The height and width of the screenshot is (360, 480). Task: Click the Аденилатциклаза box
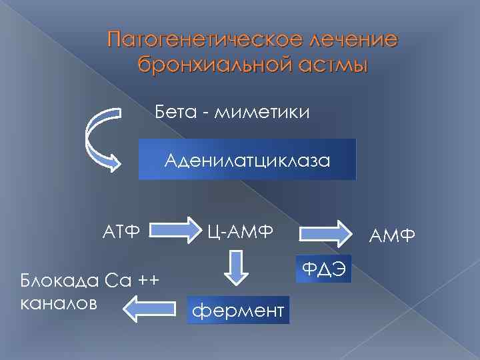[247, 160]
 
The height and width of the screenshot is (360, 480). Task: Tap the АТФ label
[121, 231]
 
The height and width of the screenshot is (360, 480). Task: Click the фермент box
[238, 310]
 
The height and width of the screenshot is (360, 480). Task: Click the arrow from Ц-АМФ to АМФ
[326, 234]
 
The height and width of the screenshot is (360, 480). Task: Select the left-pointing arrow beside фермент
[149, 307]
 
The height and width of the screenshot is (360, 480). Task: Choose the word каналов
[59, 302]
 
